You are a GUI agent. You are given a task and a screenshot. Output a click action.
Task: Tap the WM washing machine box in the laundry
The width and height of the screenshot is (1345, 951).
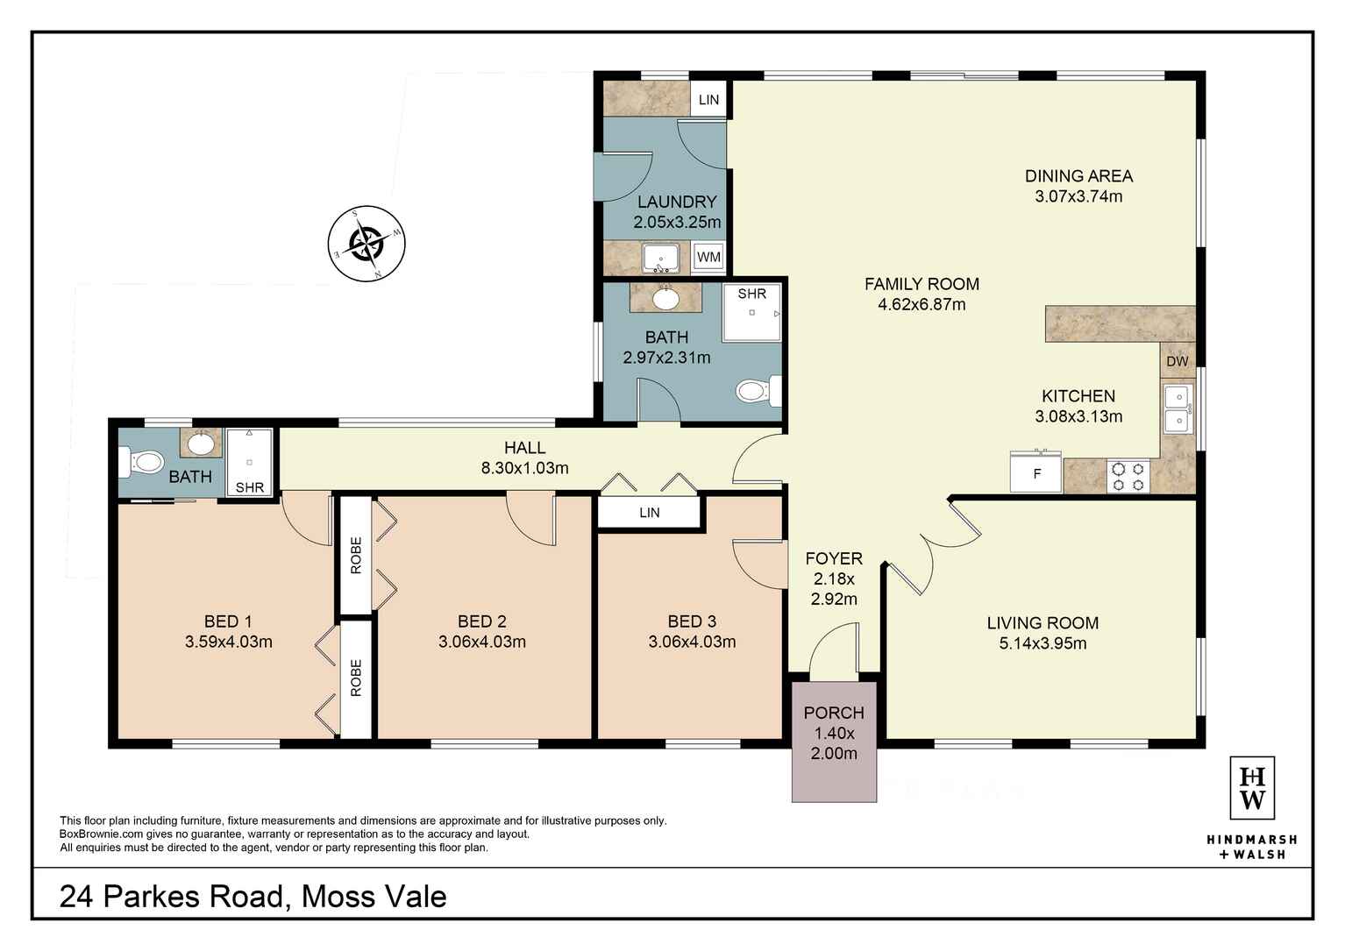coord(708,257)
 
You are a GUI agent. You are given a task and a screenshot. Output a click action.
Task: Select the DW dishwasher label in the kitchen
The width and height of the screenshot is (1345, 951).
coord(1178,361)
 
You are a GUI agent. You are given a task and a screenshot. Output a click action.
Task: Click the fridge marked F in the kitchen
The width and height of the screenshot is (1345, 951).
coord(1036,474)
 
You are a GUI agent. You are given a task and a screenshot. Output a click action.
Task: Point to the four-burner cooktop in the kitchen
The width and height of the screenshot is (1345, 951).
coord(1128,476)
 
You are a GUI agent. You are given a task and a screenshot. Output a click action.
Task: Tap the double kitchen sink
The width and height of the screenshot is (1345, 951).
coord(1177,409)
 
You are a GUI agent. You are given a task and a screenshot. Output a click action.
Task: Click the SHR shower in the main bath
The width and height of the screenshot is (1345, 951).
coord(751,311)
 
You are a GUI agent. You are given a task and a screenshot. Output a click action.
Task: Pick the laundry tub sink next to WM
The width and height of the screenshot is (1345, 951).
coord(660,259)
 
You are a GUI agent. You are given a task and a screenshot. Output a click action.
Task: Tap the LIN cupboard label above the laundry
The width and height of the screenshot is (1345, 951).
coord(708,100)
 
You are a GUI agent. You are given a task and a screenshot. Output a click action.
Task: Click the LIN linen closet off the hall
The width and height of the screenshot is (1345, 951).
coord(650,513)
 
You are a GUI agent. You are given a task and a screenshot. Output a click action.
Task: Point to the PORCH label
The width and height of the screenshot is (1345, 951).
coord(834,713)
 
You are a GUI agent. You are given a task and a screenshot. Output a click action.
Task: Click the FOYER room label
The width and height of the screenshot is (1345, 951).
coord(834,558)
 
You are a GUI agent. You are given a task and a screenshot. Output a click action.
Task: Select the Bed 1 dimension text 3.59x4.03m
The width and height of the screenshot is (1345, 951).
coord(228,642)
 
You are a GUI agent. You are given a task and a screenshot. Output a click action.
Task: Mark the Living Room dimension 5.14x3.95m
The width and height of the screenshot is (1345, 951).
coord(1043,643)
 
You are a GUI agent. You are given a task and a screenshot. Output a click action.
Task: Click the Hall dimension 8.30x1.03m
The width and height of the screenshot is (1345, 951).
coord(524,468)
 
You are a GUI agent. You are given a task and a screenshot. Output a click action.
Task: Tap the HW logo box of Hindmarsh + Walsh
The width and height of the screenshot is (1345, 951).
coord(1252,788)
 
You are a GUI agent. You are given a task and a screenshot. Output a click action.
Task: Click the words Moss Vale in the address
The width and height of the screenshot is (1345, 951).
coord(374,897)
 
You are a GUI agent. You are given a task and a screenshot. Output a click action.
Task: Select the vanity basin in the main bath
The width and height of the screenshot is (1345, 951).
coord(665,299)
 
